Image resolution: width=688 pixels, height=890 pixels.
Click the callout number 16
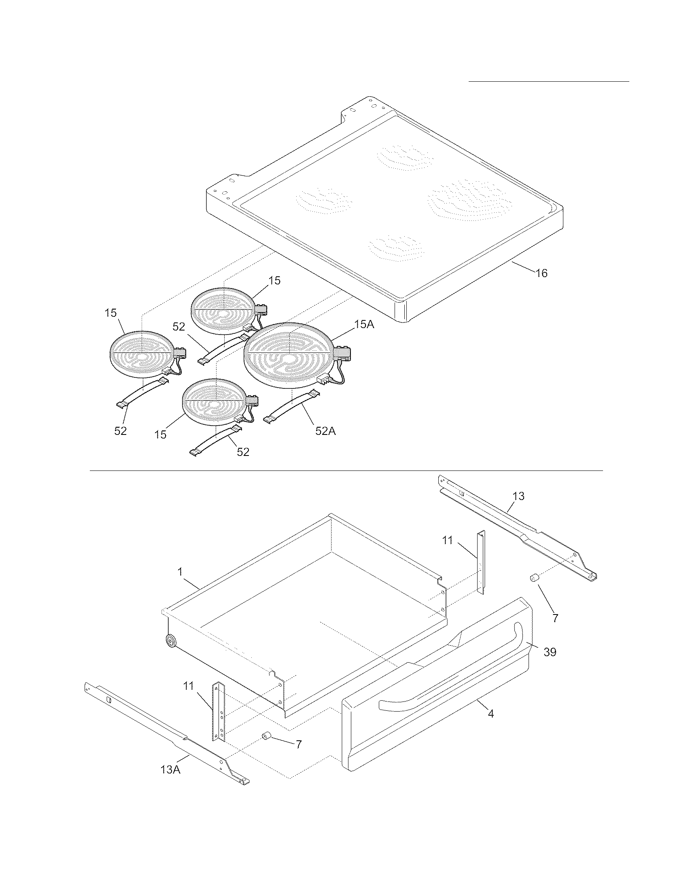(541, 273)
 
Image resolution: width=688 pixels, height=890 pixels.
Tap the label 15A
(364, 324)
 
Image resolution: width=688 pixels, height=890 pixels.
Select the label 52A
(325, 431)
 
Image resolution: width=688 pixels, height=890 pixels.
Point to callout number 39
(550, 652)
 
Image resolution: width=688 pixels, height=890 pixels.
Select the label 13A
(170, 769)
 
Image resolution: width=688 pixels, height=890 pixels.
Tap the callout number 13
(518, 496)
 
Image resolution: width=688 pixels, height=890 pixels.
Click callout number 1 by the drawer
(180, 572)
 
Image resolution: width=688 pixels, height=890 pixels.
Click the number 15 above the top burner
(275, 280)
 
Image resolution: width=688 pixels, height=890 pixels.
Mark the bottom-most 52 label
(243, 451)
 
